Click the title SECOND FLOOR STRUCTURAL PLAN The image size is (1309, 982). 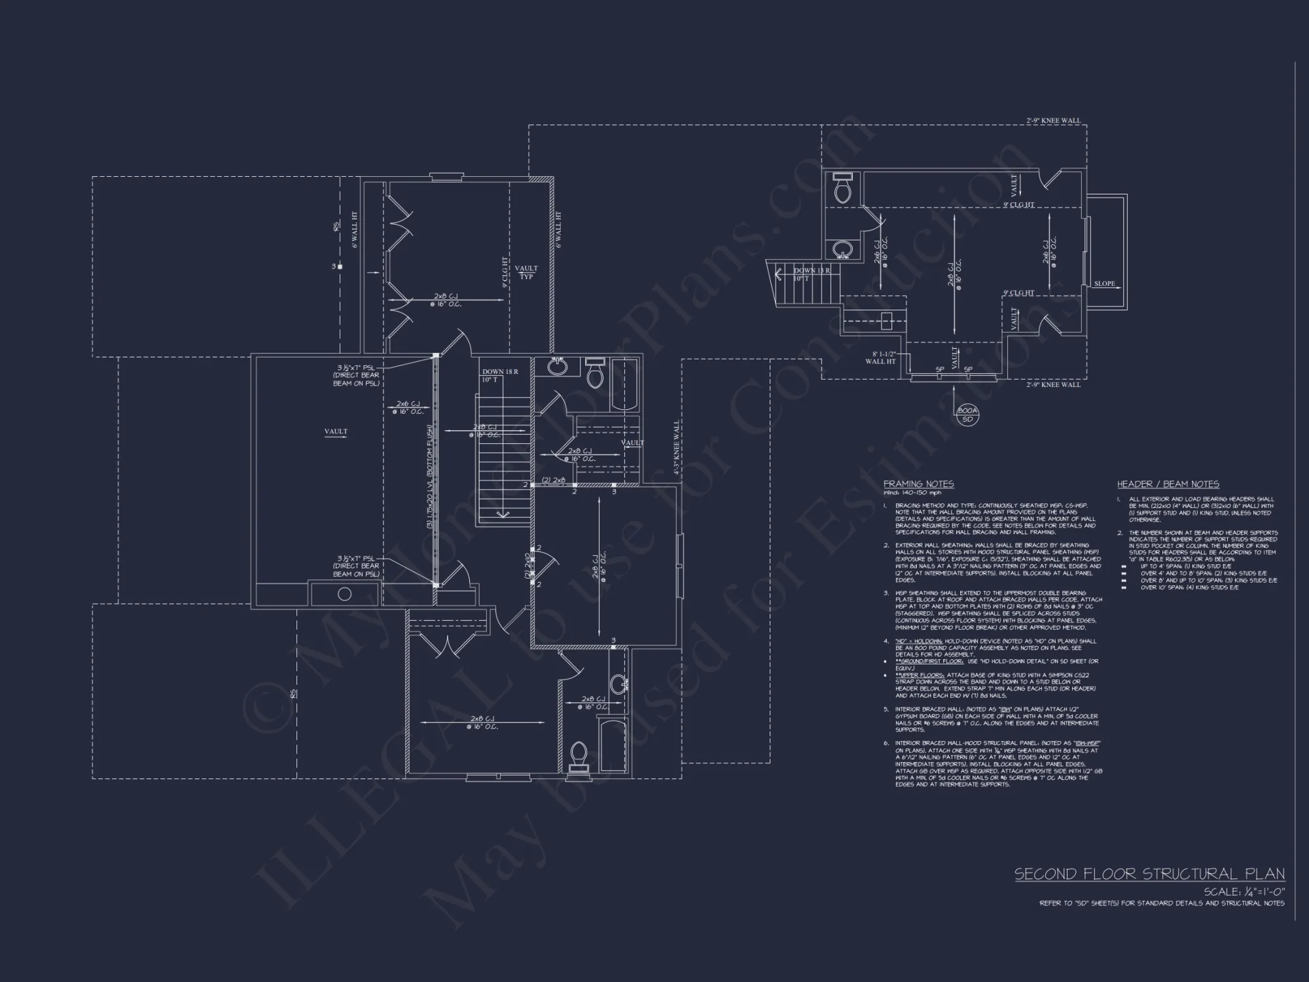click(x=1149, y=874)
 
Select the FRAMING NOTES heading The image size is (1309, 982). click(x=918, y=484)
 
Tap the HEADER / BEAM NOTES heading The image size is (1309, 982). click(x=1168, y=484)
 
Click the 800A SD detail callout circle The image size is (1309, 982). click(x=967, y=415)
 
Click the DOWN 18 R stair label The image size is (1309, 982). click(x=500, y=372)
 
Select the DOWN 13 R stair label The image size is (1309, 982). click(x=812, y=270)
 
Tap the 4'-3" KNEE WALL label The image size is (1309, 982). click(x=677, y=448)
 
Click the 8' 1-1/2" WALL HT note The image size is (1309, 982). click(x=880, y=357)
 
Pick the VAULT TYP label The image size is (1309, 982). click(x=526, y=272)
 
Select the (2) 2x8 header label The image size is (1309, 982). click(x=553, y=480)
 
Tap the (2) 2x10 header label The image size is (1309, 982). click(x=527, y=566)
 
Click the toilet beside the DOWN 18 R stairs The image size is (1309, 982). click(x=595, y=374)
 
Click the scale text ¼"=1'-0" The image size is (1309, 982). click(x=1244, y=892)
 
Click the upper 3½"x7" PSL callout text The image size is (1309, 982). click(x=356, y=375)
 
